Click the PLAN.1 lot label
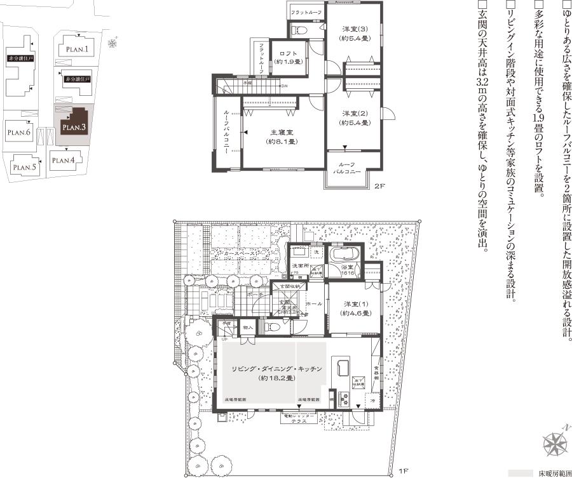78,49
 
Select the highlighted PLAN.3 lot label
74,127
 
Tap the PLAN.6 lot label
19,133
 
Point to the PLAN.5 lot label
25,168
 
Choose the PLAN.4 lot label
64,160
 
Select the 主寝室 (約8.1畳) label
281,137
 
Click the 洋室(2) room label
355,118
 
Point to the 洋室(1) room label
355,308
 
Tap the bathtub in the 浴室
346,255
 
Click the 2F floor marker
379,187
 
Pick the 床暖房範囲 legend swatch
520,473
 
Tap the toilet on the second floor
299,28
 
